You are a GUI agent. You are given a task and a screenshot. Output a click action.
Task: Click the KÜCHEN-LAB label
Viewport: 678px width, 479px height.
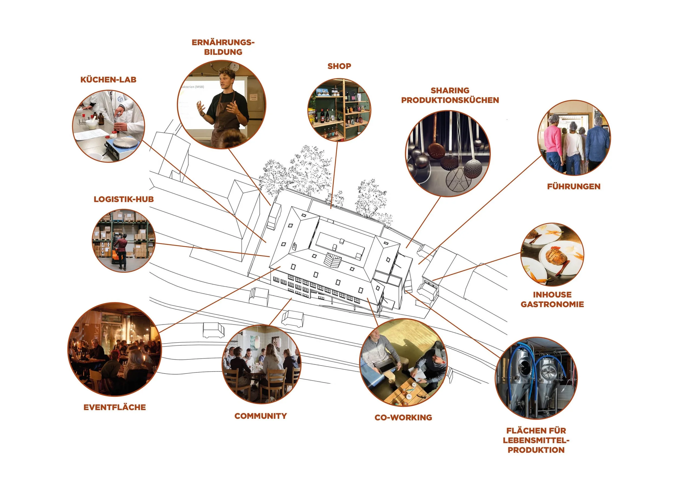[108, 80]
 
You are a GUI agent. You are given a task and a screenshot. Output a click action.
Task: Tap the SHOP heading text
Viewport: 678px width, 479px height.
[339, 66]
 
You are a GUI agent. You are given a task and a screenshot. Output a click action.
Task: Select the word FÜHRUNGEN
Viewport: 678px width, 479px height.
[574, 187]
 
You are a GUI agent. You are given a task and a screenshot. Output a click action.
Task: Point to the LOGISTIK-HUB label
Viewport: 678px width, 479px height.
[124, 199]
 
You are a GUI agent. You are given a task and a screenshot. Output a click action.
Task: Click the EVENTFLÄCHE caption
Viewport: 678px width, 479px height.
[114, 407]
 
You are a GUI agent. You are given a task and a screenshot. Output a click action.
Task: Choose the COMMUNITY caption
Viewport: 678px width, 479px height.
[260, 416]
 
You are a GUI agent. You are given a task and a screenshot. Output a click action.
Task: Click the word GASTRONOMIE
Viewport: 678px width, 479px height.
[552, 304]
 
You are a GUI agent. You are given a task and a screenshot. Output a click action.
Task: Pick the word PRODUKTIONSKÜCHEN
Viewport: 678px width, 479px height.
[450, 100]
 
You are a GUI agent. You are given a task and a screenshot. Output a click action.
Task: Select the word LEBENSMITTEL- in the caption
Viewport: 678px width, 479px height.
[536, 440]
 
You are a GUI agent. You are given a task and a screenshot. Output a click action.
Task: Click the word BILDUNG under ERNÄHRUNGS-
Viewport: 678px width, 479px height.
[223, 52]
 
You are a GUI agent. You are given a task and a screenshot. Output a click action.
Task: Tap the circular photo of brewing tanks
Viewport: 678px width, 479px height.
[536, 378]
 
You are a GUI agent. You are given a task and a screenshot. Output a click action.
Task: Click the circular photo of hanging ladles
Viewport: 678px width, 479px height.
[448, 153]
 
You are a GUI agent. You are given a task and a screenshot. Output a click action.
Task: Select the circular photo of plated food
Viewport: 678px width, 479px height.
[552, 254]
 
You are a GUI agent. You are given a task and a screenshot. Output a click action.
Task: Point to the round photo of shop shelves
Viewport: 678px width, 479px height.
[339, 110]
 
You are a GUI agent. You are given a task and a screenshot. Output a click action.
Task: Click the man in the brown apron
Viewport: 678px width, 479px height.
[227, 109]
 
